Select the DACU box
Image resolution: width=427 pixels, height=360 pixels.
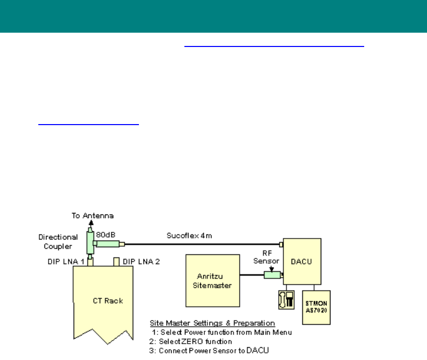click(302, 262)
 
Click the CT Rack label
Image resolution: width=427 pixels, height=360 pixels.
click(106, 300)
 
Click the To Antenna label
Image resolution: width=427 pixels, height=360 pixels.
click(92, 215)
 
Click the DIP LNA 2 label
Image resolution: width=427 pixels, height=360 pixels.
click(142, 261)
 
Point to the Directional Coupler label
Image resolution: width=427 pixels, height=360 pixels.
click(58, 241)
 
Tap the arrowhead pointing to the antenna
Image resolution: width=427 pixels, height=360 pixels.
click(91, 223)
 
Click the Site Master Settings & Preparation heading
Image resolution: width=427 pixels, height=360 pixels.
click(212, 323)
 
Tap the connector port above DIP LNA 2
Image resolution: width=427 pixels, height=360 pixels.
click(116, 262)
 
